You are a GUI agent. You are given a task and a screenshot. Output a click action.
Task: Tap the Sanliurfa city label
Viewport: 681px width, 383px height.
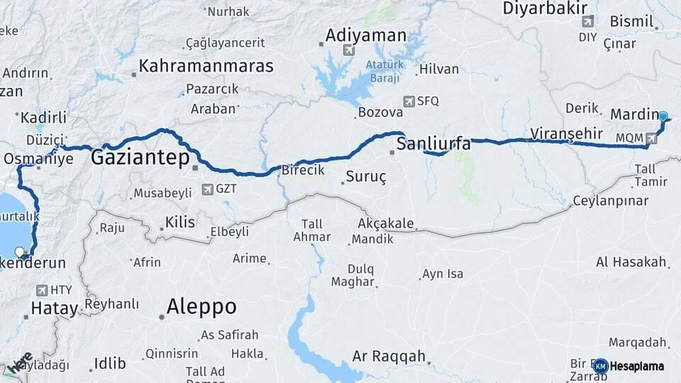pyautogui.click(x=433, y=145)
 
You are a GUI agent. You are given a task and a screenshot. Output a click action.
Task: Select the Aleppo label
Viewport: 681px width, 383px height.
pyautogui.click(x=201, y=306)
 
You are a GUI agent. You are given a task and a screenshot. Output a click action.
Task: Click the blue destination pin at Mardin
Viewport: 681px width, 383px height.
pyautogui.click(x=663, y=117)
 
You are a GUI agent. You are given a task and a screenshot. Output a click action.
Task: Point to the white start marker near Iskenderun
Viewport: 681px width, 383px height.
pyautogui.click(x=20, y=252)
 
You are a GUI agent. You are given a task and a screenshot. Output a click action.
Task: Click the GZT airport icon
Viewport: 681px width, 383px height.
pyautogui.click(x=207, y=189)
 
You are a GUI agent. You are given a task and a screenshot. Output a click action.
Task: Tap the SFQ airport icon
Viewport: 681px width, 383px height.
pyautogui.click(x=409, y=101)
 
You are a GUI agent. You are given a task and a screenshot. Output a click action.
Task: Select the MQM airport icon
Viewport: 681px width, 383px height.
pyautogui.click(x=651, y=137)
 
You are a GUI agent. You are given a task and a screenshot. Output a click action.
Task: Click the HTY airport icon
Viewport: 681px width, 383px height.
pyautogui.click(x=40, y=290)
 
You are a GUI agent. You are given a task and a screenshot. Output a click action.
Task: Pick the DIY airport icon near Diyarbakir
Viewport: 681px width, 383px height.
pyautogui.click(x=587, y=21)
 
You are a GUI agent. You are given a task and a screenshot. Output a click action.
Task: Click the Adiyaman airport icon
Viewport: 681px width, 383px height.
pyautogui.click(x=348, y=50)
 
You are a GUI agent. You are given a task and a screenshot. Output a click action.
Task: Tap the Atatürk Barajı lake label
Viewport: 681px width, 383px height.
pyautogui.click(x=384, y=71)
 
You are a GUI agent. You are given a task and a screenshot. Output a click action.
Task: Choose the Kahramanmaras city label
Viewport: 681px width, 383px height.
pyautogui.click(x=206, y=66)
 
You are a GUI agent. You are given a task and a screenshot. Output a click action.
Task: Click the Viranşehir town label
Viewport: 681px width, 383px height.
pyautogui.click(x=566, y=133)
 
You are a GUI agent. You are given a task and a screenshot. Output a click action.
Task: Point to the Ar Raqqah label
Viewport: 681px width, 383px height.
pyautogui.click(x=389, y=356)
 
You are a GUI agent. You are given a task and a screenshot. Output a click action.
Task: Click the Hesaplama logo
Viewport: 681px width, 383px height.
pyautogui.click(x=629, y=366)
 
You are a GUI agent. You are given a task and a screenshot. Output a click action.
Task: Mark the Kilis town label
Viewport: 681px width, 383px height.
pyautogui.click(x=179, y=223)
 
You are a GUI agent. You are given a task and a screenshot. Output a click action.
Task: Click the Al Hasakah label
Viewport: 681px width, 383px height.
pyautogui.click(x=631, y=262)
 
